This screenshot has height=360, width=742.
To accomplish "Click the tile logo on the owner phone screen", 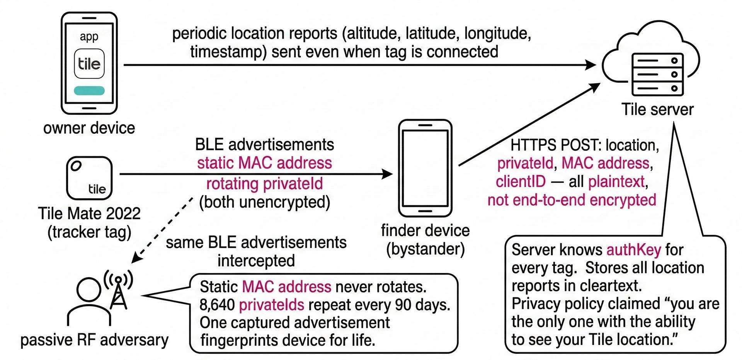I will coord(89,64).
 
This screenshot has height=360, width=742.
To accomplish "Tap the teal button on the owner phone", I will coord(89,90).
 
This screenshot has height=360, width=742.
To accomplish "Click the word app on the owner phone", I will coord(89,36).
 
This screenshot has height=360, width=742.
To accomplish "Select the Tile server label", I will coord(657,109).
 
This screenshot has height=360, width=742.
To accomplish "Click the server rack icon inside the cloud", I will coord(657,74).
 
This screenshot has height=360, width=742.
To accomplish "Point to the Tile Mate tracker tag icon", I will coord(89,178).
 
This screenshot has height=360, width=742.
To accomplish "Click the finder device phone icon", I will coord(425,168).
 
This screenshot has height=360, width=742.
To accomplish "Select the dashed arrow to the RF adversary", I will coord(162,230).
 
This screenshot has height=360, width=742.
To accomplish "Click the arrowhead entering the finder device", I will coord(387,174).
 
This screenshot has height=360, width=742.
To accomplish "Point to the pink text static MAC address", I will coord(264,163).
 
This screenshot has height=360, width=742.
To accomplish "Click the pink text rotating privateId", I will coord(264,183).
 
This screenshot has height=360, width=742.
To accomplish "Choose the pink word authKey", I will coord(634,250).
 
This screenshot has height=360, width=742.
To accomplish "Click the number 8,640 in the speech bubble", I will coord(217,305).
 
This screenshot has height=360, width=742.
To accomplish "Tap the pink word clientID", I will coord(521,181).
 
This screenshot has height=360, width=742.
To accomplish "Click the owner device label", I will coord(89,128).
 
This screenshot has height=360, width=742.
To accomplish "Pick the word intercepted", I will coord(256,261).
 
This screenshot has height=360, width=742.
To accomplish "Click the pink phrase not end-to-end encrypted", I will coord(572,200).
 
